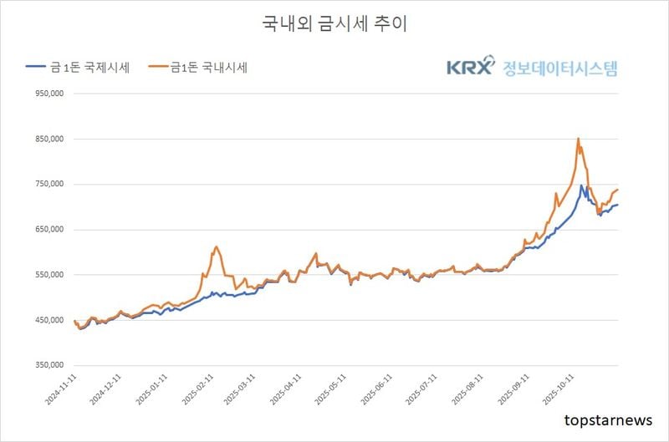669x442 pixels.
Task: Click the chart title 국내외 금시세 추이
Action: (334, 23)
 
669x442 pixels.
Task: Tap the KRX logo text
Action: (471, 68)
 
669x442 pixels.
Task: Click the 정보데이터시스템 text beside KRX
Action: (559, 68)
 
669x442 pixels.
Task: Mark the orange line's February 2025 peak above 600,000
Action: (216, 246)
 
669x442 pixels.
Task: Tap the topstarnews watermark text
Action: (608, 419)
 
